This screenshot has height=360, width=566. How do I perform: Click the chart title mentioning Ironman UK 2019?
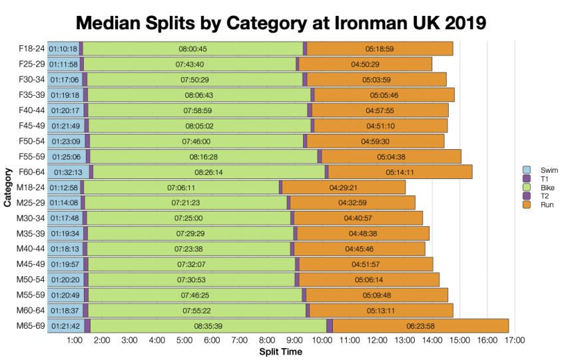282,23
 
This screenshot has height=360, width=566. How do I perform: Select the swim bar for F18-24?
63,49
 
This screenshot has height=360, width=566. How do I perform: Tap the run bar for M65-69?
420,326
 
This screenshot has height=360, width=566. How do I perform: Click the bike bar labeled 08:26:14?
208,172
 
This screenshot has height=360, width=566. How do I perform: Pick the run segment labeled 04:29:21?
344,188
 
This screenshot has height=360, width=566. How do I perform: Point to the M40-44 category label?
31,249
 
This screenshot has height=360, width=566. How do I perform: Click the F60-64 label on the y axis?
31,172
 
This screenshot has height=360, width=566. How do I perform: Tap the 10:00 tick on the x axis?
322,341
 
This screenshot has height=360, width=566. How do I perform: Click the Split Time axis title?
280,351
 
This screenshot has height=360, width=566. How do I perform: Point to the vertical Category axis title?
7,188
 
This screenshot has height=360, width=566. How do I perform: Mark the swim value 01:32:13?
68,172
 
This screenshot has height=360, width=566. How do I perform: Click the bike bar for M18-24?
181,188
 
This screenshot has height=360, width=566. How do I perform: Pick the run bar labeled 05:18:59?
380,49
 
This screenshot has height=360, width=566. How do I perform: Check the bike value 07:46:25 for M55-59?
194,295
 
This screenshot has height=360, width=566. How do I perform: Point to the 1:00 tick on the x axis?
75,341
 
